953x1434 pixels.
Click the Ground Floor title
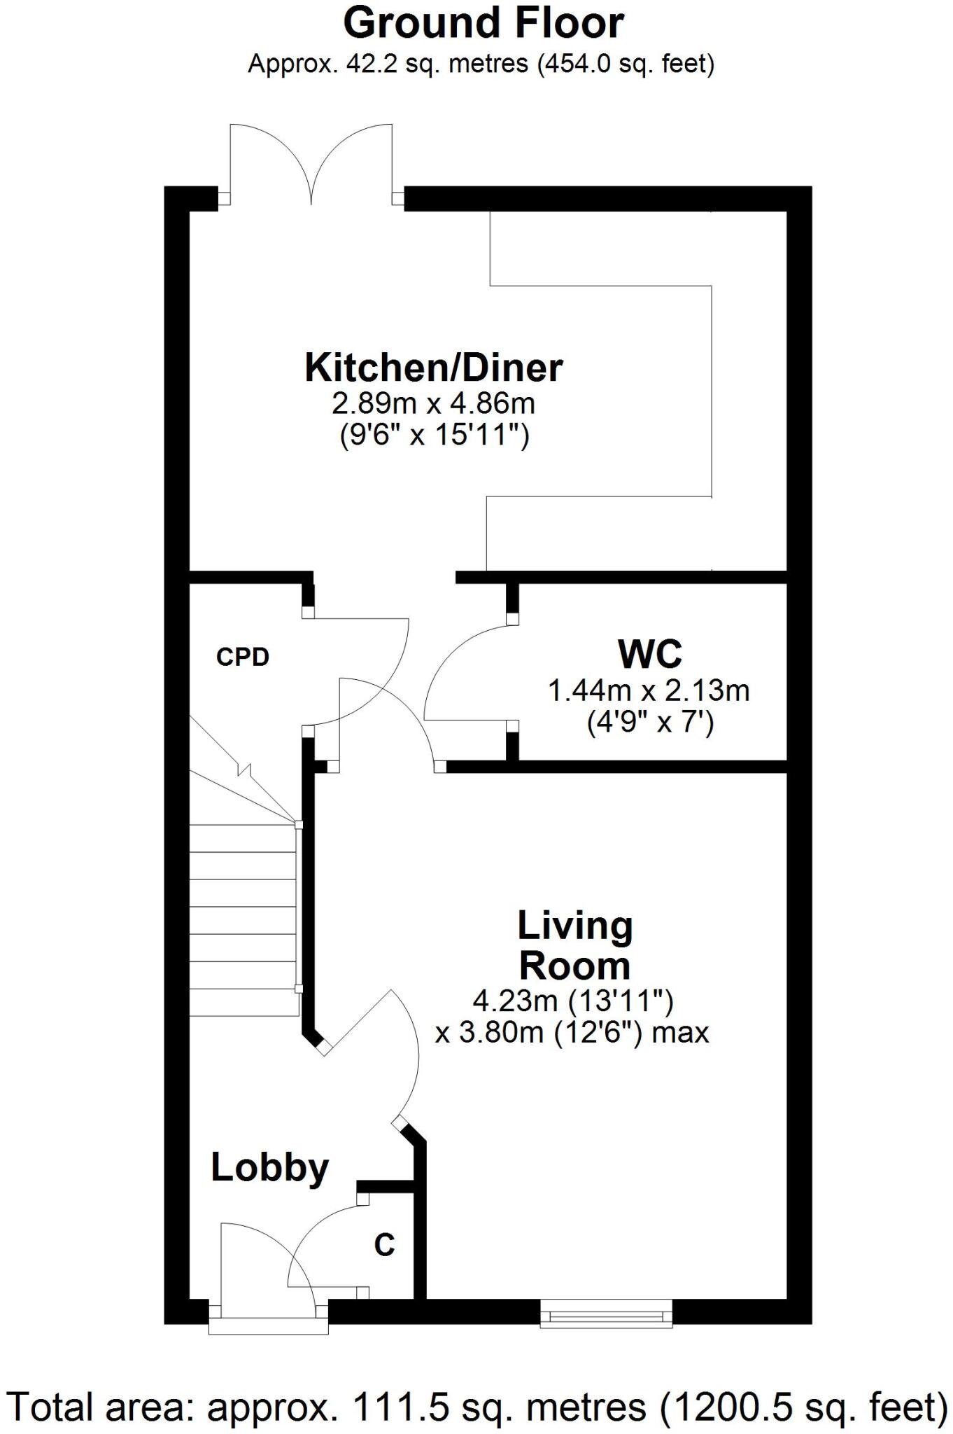coord(483,23)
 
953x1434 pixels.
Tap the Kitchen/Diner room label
coord(433,368)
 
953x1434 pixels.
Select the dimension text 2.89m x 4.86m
coord(433,403)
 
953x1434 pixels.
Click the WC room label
coord(649,655)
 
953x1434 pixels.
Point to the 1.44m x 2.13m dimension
coord(648,691)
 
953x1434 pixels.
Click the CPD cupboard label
coord(242,657)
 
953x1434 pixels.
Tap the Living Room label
coord(574,945)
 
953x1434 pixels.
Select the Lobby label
coord(269,1167)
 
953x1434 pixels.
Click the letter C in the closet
coord(384,1244)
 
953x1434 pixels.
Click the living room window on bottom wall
coord(606,1313)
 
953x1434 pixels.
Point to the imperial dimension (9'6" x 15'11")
coord(434,436)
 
